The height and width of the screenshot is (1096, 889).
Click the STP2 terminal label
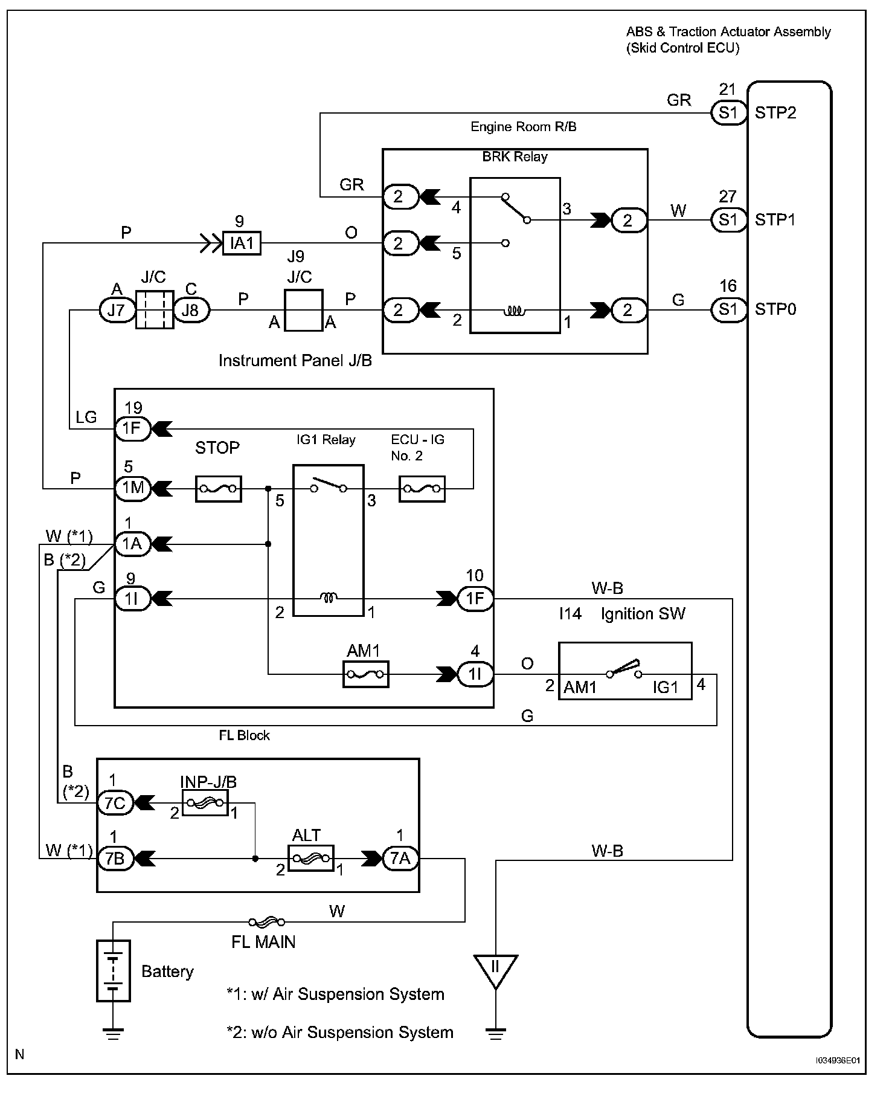click(775, 113)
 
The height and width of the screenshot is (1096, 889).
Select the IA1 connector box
click(242, 243)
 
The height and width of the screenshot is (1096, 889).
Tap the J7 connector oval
click(117, 311)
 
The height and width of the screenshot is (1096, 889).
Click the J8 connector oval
click(191, 311)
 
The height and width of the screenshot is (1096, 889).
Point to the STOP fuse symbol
click(219, 489)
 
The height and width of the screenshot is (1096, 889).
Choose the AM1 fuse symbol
click(365, 674)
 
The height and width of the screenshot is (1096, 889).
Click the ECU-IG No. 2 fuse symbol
click(422, 489)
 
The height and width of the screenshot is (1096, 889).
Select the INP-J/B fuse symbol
click(205, 803)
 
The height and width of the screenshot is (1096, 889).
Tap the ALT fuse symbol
click(311, 858)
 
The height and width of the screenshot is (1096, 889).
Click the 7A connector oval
click(400, 858)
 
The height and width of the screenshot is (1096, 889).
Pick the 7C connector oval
click(115, 803)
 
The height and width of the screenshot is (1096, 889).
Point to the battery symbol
click(114, 971)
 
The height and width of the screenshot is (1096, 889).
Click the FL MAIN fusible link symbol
click(266, 922)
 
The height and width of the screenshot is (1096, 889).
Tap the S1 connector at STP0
click(728, 310)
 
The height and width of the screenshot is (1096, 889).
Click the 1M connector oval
click(133, 489)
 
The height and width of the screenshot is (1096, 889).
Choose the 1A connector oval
click(132, 544)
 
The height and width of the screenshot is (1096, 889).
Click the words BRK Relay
click(515, 157)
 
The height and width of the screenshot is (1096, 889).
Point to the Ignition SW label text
click(643, 614)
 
